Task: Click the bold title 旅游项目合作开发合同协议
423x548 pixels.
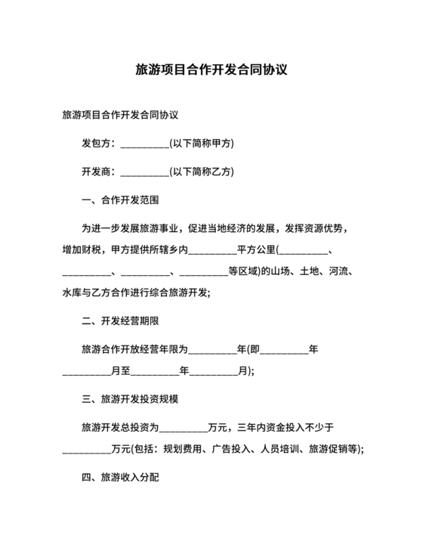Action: point(211,70)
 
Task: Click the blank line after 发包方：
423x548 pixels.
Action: point(144,143)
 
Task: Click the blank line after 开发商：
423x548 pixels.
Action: point(144,172)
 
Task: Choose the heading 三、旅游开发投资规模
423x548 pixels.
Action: point(129,398)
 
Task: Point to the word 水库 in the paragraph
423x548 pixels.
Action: point(72,293)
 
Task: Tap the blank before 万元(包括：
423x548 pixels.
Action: point(85,449)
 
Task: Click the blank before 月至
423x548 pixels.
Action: point(85,371)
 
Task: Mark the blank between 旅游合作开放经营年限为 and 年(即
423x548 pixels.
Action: point(211,349)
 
